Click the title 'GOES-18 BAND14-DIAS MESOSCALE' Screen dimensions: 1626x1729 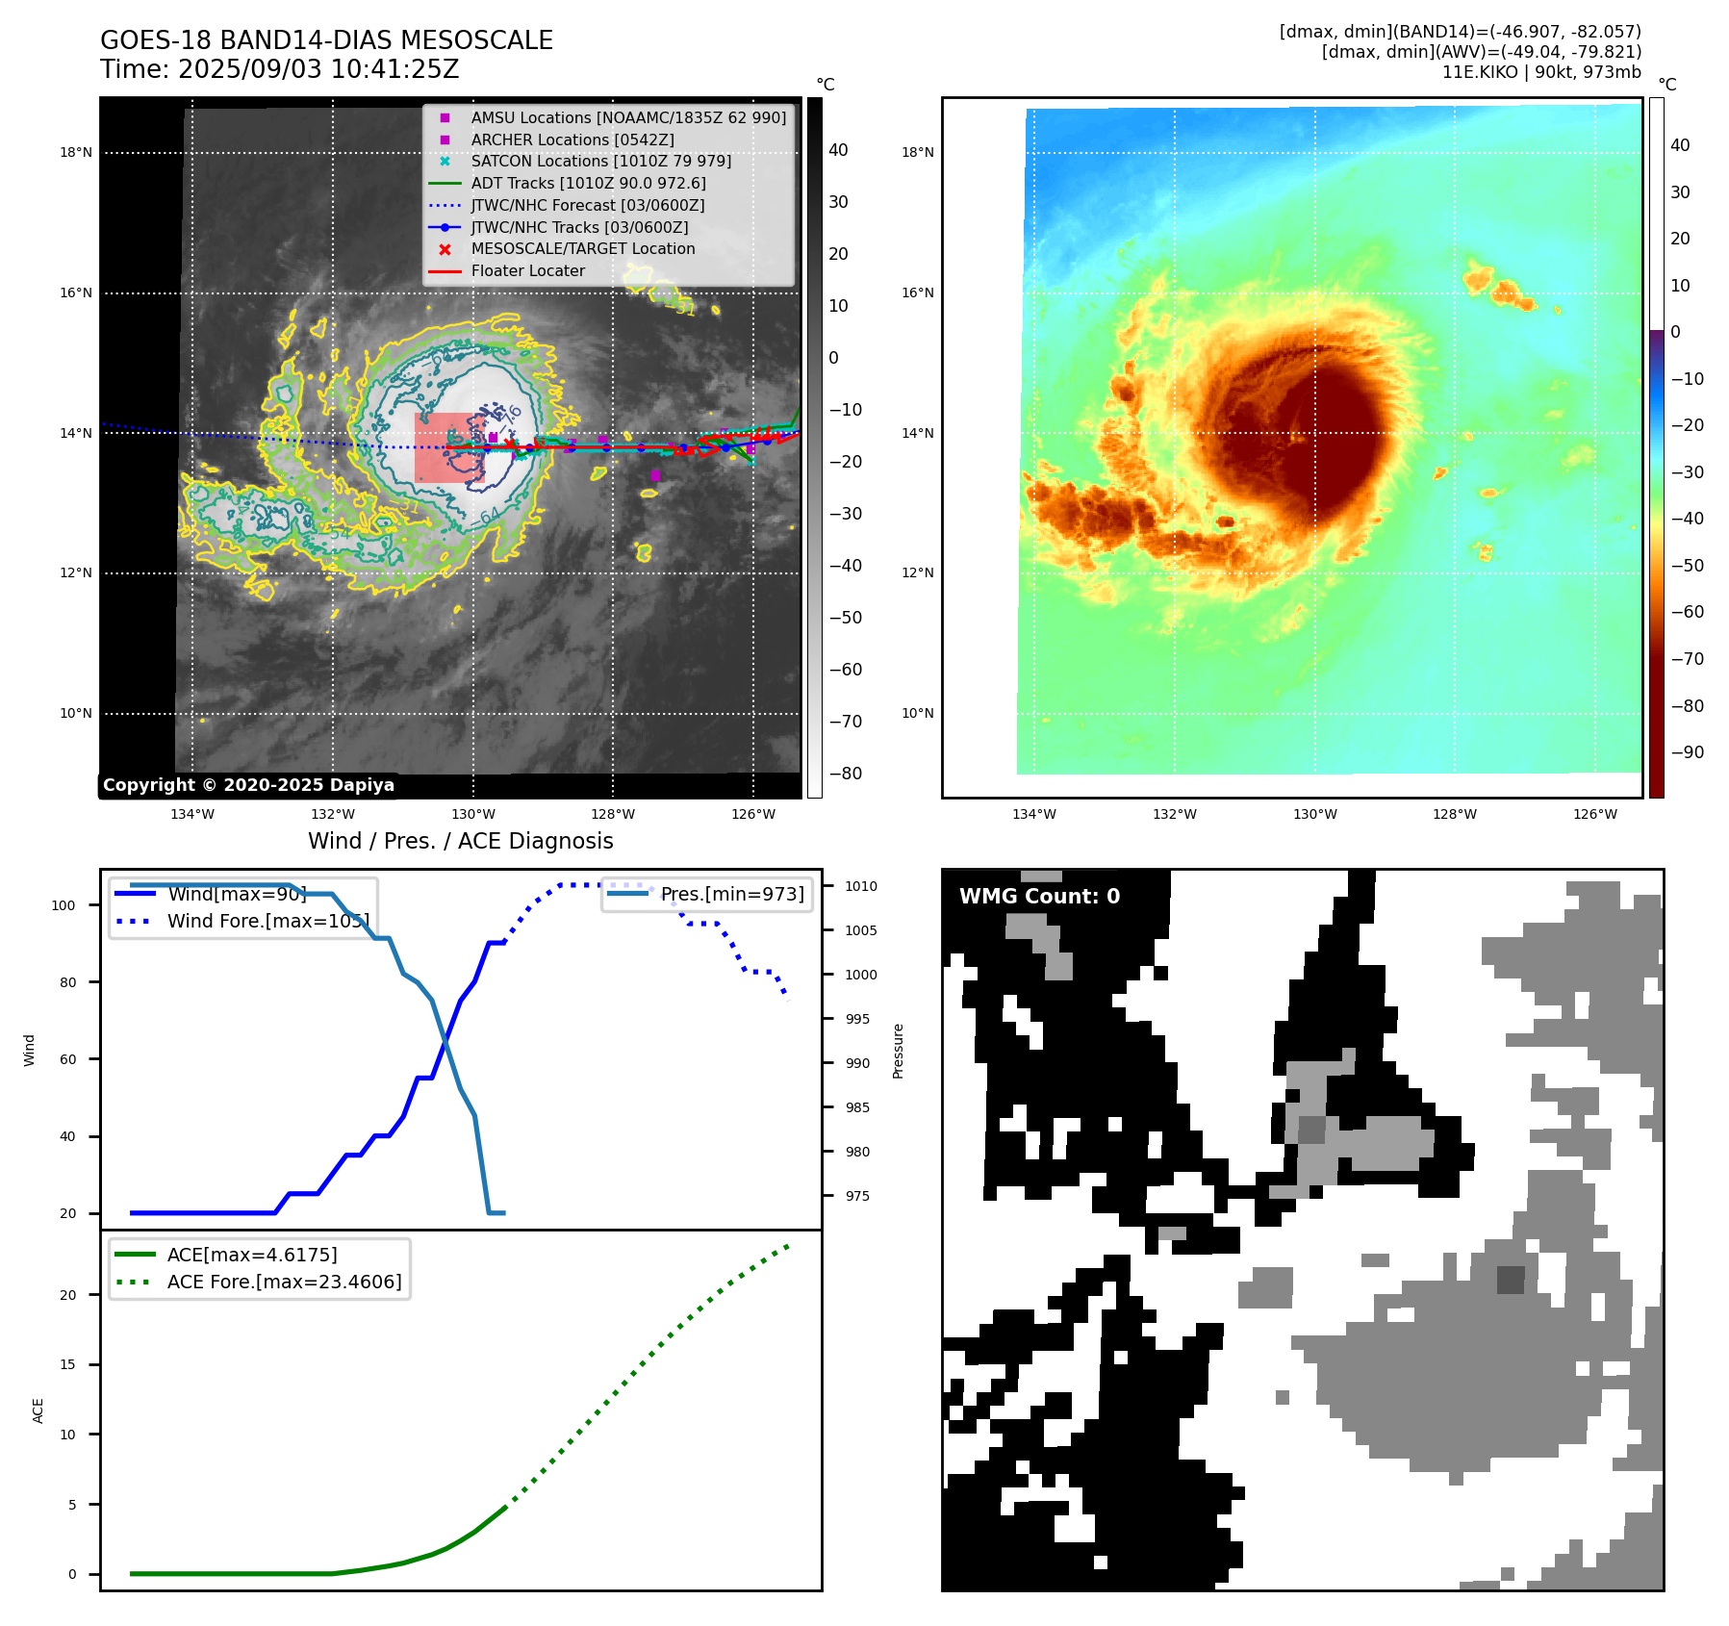click(326, 40)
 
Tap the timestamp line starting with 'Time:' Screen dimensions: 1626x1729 click(279, 70)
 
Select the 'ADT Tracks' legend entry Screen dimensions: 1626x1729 click(588, 183)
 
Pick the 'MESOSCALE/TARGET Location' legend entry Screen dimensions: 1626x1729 click(582, 248)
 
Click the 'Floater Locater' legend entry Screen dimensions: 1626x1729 click(527, 270)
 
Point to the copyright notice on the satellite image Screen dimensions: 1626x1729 click(248, 785)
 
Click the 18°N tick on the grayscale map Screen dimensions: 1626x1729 click(76, 152)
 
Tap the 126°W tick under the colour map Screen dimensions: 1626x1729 click(1594, 814)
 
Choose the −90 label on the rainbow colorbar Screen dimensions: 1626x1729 click(1687, 752)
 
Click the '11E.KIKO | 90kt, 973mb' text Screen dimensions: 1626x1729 click(1540, 72)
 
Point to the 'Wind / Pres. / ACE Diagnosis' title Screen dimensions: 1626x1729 click(460, 841)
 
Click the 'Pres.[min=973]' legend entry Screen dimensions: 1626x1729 click(731, 894)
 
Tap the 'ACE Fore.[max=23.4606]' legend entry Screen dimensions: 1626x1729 click(284, 1282)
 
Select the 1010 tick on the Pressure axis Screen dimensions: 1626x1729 click(861, 886)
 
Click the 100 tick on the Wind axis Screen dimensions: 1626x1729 click(63, 905)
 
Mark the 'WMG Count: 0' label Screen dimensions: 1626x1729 click(1039, 896)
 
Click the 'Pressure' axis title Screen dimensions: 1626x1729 click(898, 1051)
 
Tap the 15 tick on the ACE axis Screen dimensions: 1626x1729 click(67, 1364)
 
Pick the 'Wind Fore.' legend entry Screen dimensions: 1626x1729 click(267, 921)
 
